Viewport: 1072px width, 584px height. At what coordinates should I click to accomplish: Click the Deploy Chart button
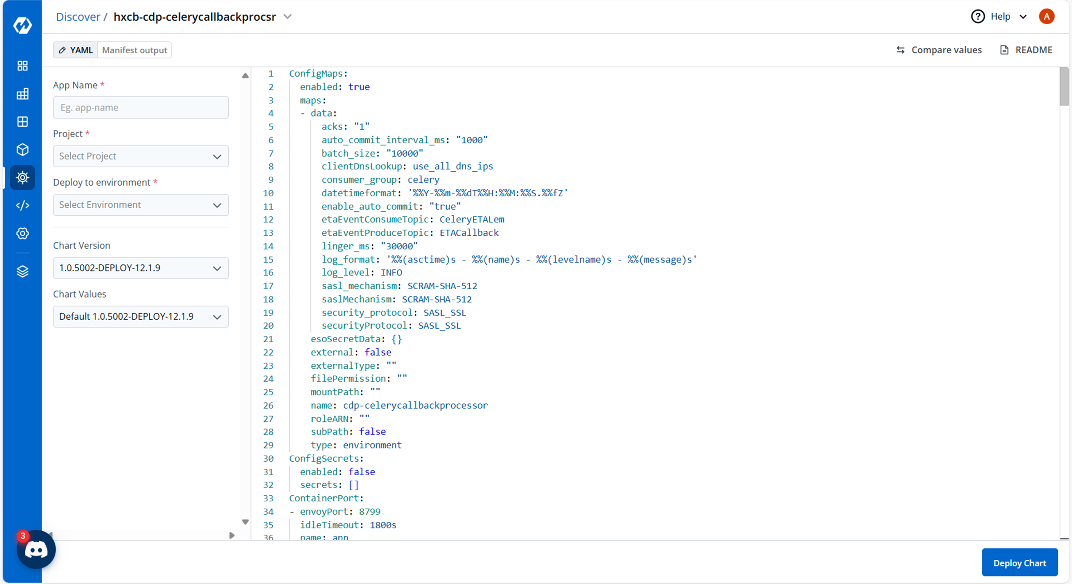point(1019,563)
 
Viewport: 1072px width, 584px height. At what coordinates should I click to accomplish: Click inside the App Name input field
point(141,108)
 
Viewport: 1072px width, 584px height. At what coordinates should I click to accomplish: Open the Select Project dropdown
point(141,156)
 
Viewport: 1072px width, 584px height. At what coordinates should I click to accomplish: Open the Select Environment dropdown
point(141,205)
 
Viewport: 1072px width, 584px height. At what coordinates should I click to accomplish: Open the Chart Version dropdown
point(141,268)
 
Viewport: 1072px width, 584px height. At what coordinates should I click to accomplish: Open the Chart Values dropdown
point(141,316)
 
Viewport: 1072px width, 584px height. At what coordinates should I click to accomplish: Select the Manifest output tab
point(134,50)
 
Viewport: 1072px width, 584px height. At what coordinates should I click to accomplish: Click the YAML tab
point(76,50)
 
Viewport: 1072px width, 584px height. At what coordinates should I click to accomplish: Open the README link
point(1026,50)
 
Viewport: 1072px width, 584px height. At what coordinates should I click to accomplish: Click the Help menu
point(999,17)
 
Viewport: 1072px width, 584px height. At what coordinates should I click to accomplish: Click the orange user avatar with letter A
point(1046,17)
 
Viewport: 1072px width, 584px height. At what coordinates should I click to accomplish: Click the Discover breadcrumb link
point(78,17)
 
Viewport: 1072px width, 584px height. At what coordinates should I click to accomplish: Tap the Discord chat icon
point(36,550)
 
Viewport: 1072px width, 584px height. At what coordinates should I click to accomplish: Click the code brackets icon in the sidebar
point(23,205)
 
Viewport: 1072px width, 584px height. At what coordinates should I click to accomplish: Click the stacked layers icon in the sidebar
point(23,271)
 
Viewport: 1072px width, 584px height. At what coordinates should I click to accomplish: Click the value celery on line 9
point(423,180)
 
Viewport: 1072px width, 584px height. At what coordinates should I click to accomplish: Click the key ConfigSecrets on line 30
point(324,458)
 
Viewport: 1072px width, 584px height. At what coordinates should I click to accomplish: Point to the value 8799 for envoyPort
point(369,511)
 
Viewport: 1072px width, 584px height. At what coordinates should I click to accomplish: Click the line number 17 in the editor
point(268,286)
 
